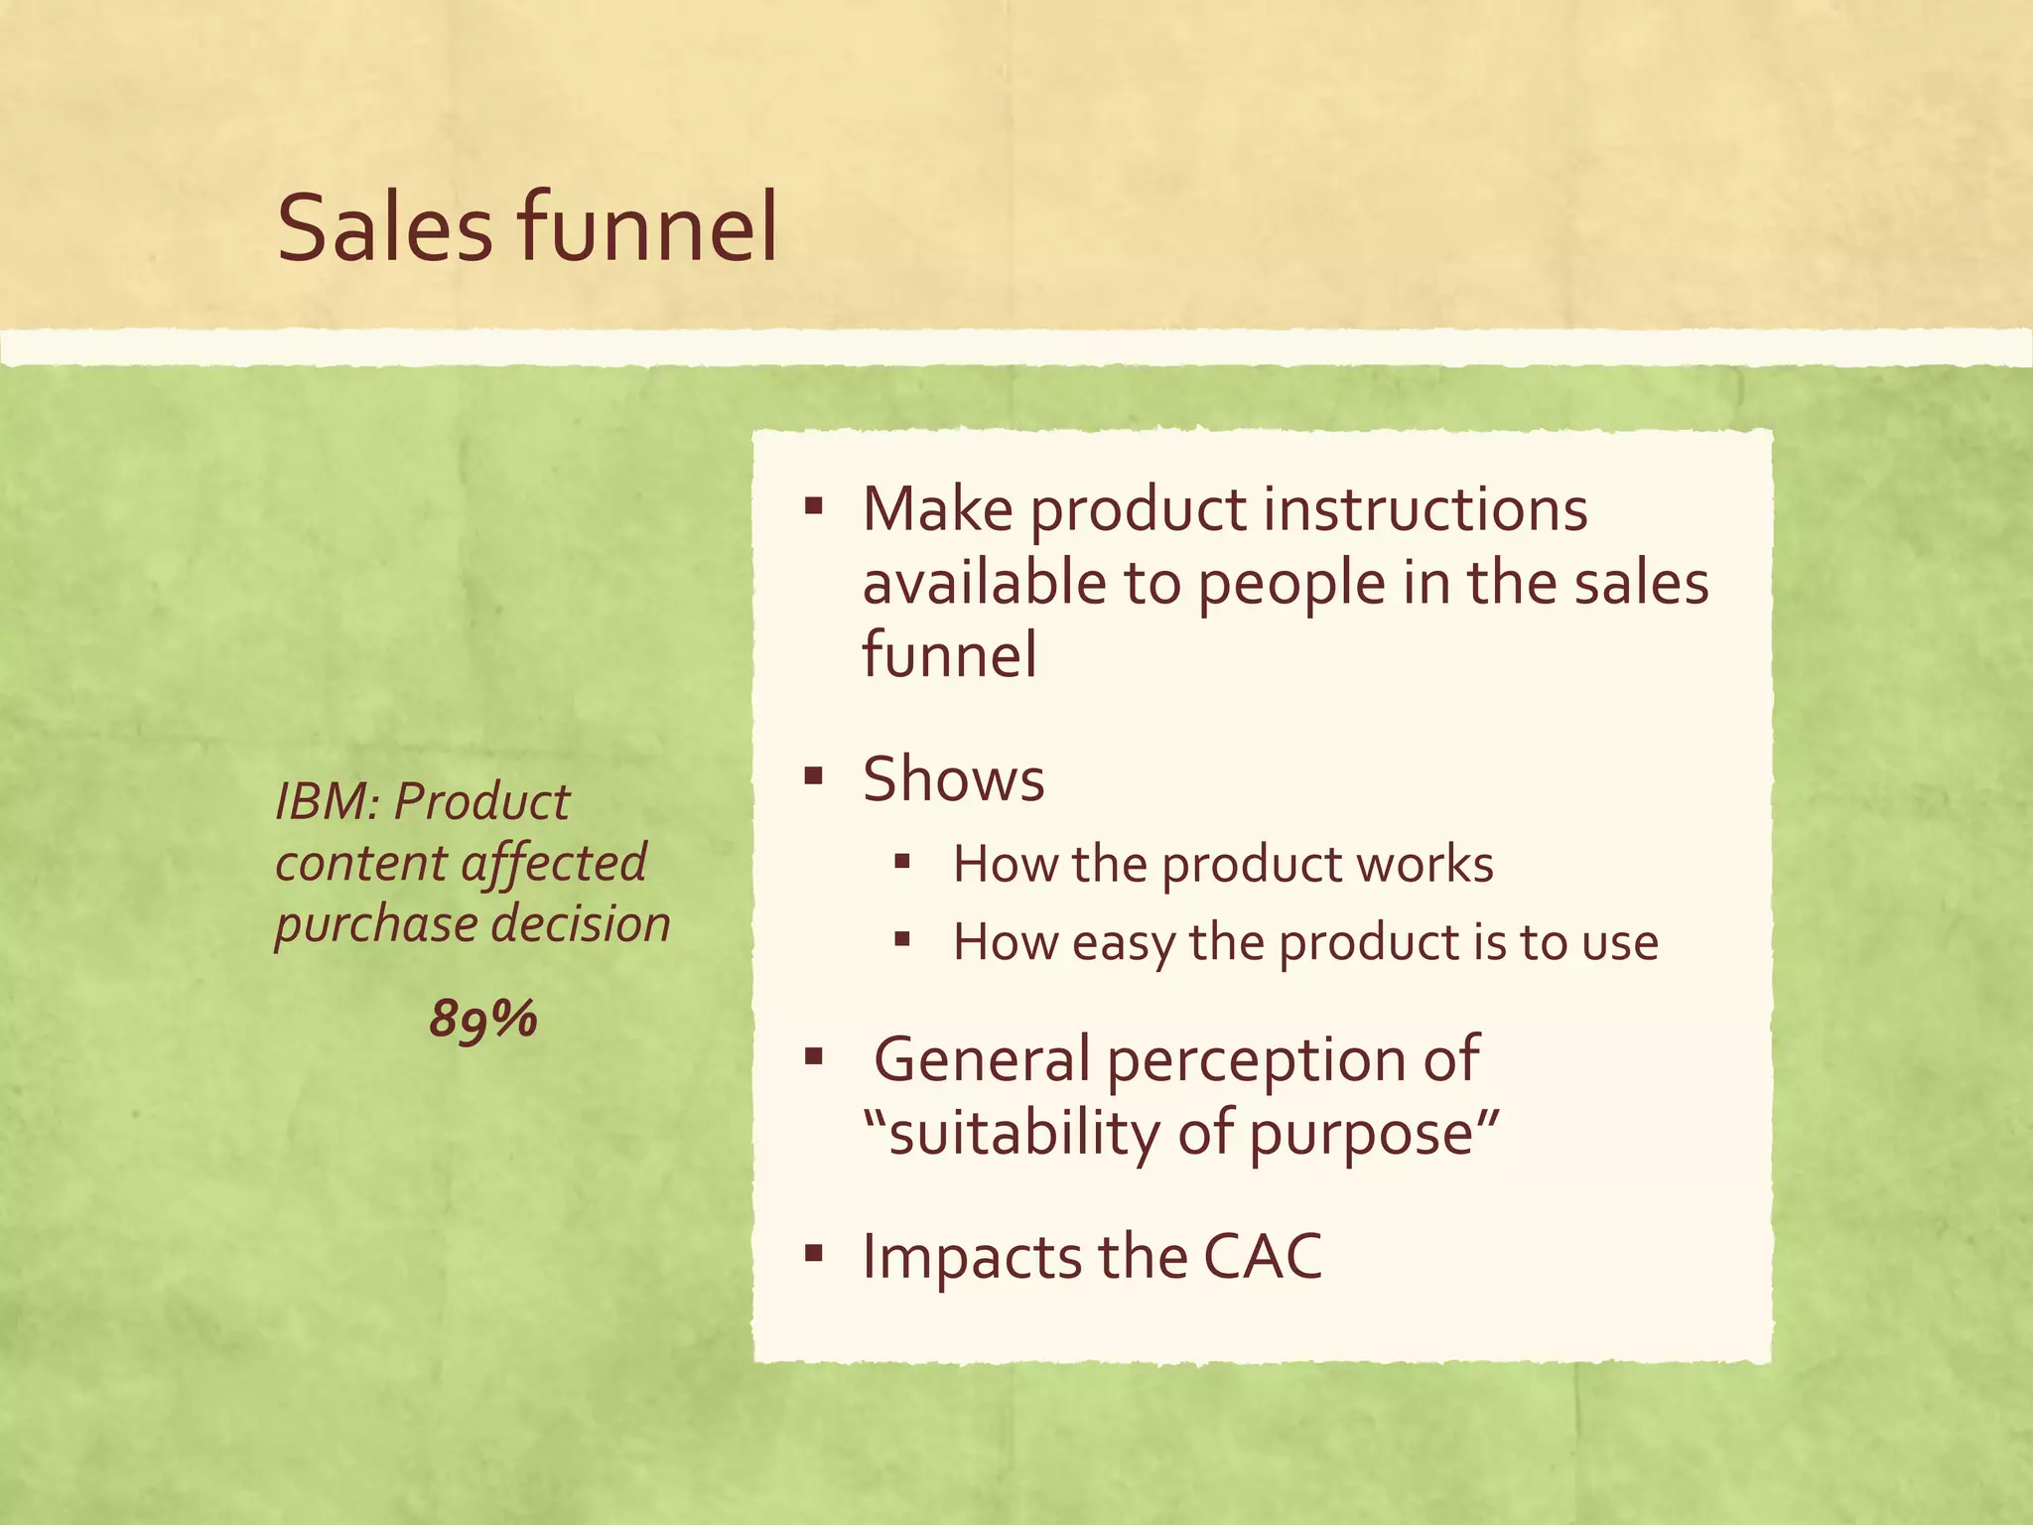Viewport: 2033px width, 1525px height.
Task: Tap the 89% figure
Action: tap(482, 1019)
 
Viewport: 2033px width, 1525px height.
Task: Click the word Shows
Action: tap(953, 778)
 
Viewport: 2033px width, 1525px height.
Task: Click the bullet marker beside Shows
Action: tap(814, 775)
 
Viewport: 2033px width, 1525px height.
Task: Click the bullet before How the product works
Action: tap(901, 861)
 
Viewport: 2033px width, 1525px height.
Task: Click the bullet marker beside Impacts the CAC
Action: tap(814, 1253)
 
